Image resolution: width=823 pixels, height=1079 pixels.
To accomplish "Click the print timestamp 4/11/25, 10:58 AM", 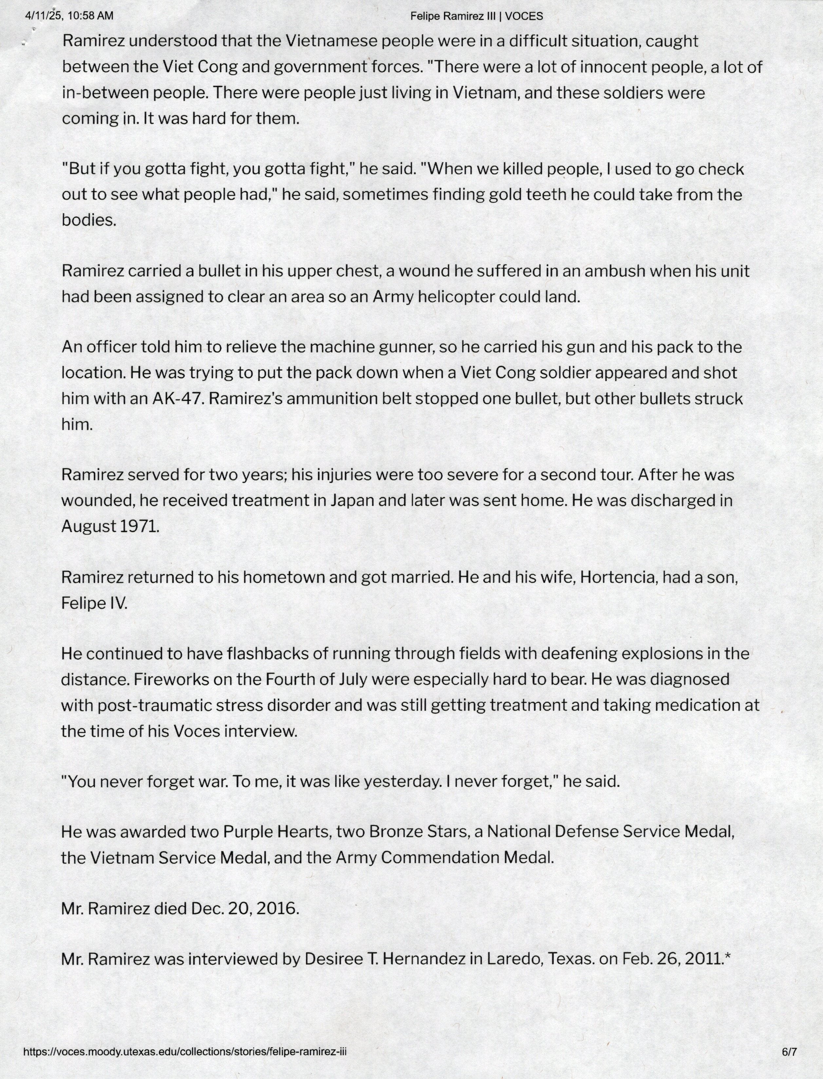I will pyautogui.click(x=69, y=16).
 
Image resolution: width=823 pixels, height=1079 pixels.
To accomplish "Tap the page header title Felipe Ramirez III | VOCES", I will pyautogui.click(x=476, y=16).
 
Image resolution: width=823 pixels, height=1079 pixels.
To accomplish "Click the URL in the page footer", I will pyautogui.click(x=185, y=1051).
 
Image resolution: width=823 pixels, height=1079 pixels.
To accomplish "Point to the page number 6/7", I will pyautogui.click(x=789, y=1051).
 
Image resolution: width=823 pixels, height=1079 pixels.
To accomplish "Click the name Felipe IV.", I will pyautogui.click(x=94, y=603).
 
